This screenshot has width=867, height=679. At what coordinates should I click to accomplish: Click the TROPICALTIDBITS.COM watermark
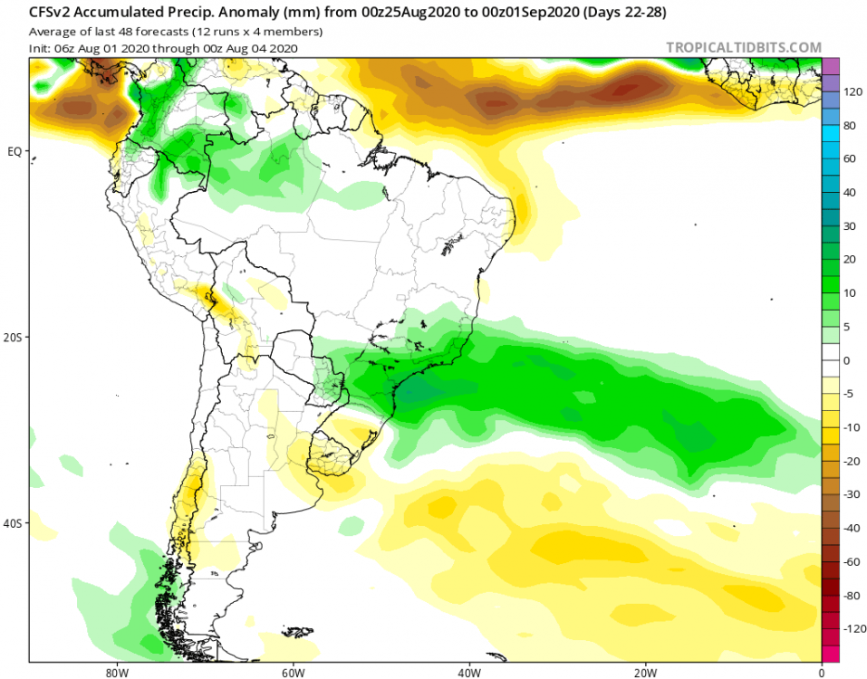(743, 48)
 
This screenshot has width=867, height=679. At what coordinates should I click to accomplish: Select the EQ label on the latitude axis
(14, 151)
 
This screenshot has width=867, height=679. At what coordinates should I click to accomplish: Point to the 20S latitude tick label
(14, 338)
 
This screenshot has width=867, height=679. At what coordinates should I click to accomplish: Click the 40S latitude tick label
(14, 524)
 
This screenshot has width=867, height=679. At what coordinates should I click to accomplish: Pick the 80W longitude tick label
(114, 673)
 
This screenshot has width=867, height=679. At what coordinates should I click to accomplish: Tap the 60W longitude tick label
(291, 673)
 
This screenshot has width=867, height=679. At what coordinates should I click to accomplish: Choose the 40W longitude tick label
(468, 673)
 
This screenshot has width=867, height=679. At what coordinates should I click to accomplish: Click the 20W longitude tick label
(645, 673)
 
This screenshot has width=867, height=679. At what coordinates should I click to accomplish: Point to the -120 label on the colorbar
(852, 628)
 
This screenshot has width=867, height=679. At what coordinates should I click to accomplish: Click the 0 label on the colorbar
(847, 360)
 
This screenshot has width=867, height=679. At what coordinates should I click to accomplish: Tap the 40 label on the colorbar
(850, 193)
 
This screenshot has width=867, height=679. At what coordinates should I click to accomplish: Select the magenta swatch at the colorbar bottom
(830, 653)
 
